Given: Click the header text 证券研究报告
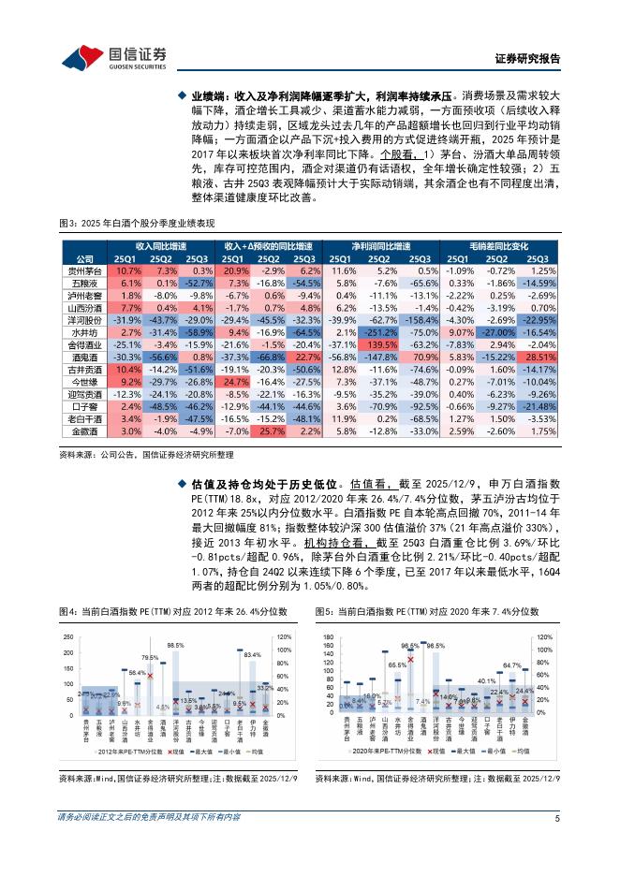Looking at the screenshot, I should point(526,58).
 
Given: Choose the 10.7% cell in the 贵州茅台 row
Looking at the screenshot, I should point(129,270).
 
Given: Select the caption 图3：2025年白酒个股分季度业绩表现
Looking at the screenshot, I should point(137,222).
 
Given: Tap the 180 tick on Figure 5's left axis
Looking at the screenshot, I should point(328,636).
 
